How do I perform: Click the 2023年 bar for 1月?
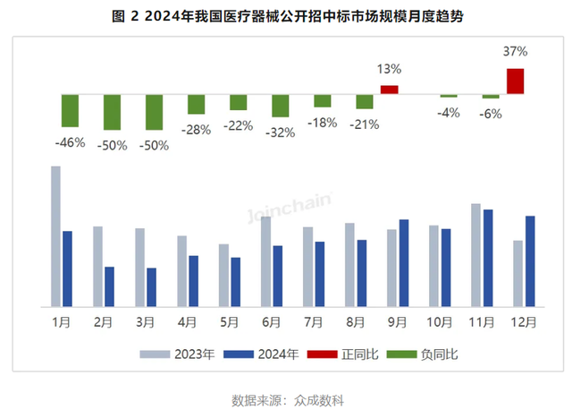pyautogui.click(x=55, y=235)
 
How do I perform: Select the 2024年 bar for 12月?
pyautogui.click(x=530, y=260)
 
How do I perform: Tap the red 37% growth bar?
pyautogui.click(x=516, y=81)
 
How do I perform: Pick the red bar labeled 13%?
pyautogui.click(x=389, y=90)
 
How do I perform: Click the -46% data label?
pyautogui.click(x=70, y=142)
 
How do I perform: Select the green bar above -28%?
pyautogui.click(x=196, y=104)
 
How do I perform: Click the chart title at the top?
pyautogui.click(x=286, y=16)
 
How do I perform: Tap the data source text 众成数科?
pyautogui.click(x=317, y=399)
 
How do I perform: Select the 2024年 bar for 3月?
pyautogui.click(x=152, y=286)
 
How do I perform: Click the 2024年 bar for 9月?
pyautogui.click(x=404, y=262)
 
